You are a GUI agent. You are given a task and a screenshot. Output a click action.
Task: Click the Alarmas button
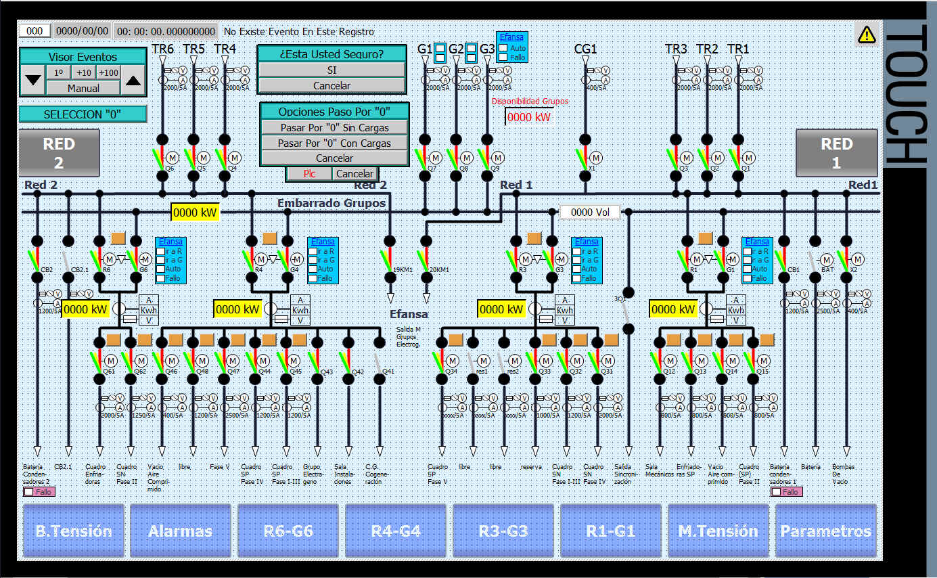pos(181,531)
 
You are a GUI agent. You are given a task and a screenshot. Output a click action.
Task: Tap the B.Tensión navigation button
pos(74,531)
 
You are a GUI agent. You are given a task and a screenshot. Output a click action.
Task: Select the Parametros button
pos(825,531)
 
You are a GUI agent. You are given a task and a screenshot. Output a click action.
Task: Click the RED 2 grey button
pos(59,153)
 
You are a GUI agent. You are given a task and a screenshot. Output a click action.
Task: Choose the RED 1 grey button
pos(836,153)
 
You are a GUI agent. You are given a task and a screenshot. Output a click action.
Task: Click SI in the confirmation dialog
pos(332,70)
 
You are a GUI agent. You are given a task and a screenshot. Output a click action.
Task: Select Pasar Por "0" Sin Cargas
pos(335,127)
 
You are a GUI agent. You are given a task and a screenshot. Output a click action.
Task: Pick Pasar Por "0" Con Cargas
pos(335,143)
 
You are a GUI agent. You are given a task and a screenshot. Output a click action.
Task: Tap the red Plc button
pos(308,174)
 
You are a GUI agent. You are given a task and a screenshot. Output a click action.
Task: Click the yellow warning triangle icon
pos(866,35)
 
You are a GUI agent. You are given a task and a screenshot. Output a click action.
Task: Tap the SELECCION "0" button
pos(83,114)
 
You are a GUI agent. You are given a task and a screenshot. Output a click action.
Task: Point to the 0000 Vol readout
pos(590,213)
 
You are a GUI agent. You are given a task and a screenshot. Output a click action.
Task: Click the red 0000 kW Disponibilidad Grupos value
pos(529,117)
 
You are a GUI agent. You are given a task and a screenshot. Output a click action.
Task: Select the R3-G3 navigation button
pos(503,531)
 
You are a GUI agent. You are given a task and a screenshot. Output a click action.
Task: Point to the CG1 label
pos(585,49)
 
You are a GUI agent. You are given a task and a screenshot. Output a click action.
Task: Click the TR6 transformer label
pos(162,49)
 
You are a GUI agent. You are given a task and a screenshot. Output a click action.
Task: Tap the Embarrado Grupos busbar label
pos(332,203)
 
